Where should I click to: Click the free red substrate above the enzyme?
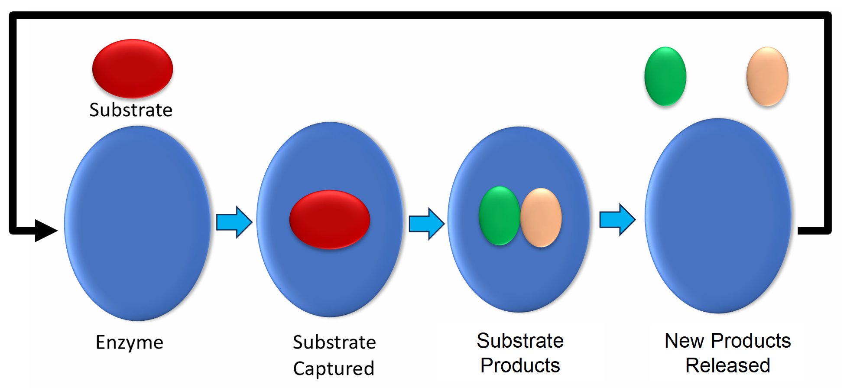click(133, 68)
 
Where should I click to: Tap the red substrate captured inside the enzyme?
click(330, 219)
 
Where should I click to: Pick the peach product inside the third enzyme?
click(541, 217)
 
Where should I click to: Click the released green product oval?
click(665, 76)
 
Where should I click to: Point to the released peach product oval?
click(767, 76)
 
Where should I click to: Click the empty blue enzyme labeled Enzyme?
click(137, 260)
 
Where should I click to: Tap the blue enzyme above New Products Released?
click(718, 260)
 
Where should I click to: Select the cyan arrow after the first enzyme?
click(234, 222)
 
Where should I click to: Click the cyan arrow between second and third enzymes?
click(427, 223)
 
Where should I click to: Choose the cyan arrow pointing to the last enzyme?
click(617, 220)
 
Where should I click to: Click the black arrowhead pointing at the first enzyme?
click(46, 230)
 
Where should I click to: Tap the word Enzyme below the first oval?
click(130, 342)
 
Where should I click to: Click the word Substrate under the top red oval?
click(131, 110)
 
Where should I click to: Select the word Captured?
click(334, 368)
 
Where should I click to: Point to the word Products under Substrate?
click(520, 365)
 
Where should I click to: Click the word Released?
click(728, 365)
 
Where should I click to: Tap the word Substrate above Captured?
click(334, 342)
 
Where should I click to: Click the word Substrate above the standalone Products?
click(520, 341)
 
